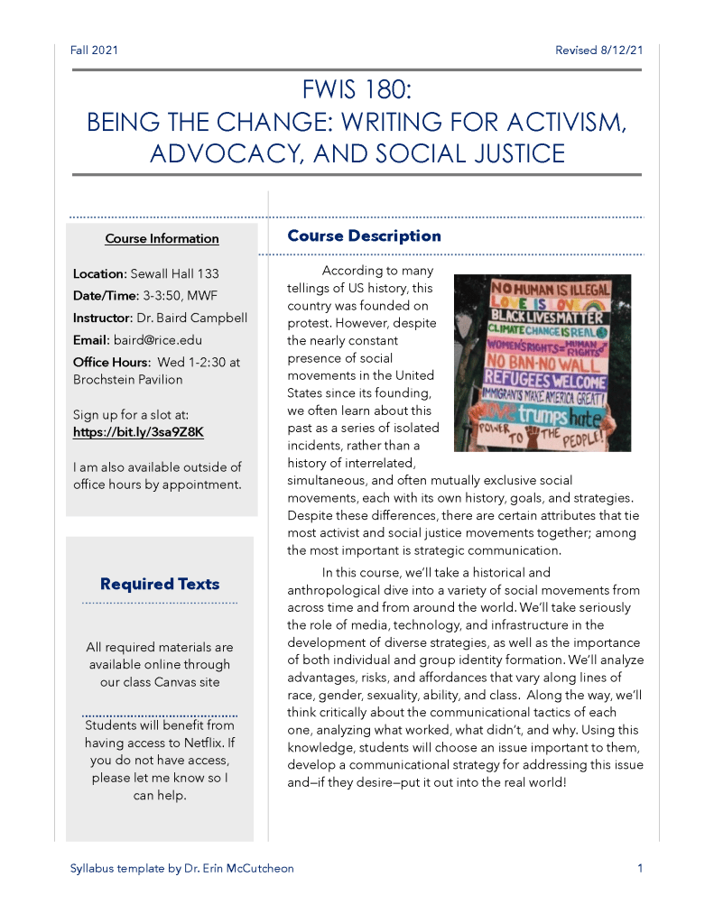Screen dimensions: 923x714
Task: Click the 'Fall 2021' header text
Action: tap(94, 50)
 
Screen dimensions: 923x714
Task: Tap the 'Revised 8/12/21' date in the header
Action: tap(598, 50)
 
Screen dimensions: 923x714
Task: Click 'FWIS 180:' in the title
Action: tap(357, 90)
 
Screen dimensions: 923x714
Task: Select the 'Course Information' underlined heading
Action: tap(162, 239)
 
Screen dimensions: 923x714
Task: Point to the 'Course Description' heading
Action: tap(364, 236)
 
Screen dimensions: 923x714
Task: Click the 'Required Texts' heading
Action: tap(160, 584)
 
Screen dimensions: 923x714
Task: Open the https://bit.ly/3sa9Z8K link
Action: tap(138, 432)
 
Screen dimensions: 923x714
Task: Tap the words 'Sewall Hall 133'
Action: tap(174, 273)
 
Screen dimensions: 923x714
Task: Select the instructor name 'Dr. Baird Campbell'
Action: tap(190, 318)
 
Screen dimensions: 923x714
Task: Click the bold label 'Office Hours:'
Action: tap(110, 363)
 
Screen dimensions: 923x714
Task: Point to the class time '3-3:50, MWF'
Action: tap(181, 295)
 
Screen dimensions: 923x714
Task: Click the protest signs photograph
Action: tap(542, 363)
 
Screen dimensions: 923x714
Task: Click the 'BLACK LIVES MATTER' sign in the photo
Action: tap(546, 318)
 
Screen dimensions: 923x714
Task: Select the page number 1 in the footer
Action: tap(639, 869)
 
